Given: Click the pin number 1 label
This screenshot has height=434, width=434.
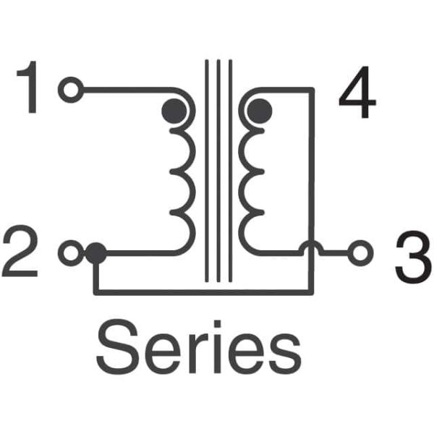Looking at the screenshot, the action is pyautogui.click(x=28, y=87).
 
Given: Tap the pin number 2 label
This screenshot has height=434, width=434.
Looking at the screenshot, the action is pyautogui.click(x=20, y=251).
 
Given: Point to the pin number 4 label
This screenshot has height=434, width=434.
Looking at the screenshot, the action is pyautogui.click(x=357, y=92).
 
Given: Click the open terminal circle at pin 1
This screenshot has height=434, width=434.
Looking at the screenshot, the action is pyautogui.click(x=71, y=90).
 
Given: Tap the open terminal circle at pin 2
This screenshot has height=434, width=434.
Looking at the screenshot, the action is pyautogui.click(x=71, y=253).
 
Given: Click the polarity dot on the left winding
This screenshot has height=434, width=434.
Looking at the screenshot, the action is pyautogui.click(x=174, y=111).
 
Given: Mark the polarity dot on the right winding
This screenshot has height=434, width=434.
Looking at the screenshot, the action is pyautogui.click(x=260, y=111).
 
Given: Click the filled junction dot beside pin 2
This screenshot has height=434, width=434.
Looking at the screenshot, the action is pyautogui.click(x=95, y=253).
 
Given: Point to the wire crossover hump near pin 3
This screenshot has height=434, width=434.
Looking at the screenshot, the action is pyautogui.click(x=312, y=247).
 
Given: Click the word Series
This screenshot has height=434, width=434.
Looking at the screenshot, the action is pyautogui.click(x=198, y=346).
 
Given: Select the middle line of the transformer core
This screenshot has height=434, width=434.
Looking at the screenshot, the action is pyautogui.click(x=218, y=171).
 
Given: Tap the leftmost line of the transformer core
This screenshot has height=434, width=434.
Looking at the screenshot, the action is pyautogui.click(x=206, y=171).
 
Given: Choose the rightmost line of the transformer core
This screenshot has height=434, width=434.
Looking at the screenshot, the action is pyautogui.click(x=231, y=171).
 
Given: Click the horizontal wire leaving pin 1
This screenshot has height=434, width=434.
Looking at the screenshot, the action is pyautogui.click(x=127, y=90).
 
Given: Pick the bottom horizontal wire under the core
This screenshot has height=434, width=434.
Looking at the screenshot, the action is pyautogui.click(x=204, y=292).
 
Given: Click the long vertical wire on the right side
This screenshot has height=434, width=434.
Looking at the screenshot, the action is pyautogui.click(x=311, y=191).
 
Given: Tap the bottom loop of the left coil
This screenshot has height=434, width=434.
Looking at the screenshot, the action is pyautogui.click(x=183, y=233).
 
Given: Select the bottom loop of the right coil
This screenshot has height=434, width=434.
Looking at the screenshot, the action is pyautogui.click(x=251, y=233).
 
